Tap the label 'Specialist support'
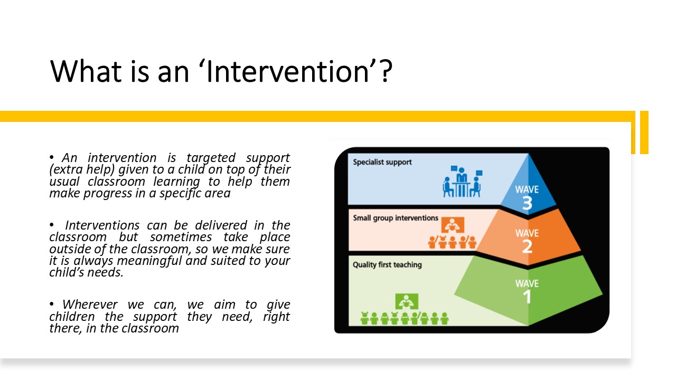(x=382, y=162)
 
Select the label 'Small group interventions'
(x=396, y=218)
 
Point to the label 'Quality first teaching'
(x=387, y=265)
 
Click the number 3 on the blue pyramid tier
(x=527, y=203)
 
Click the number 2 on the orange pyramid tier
(x=527, y=246)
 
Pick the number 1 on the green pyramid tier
(x=527, y=297)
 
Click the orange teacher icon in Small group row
(x=453, y=225)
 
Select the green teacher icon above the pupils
(x=407, y=301)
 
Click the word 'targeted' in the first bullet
(x=211, y=158)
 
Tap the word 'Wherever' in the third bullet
(x=90, y=305)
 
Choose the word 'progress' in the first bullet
(x=108, y=194)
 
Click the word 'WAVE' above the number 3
(x=527, y=189)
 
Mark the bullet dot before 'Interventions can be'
(x=52, y=225)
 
